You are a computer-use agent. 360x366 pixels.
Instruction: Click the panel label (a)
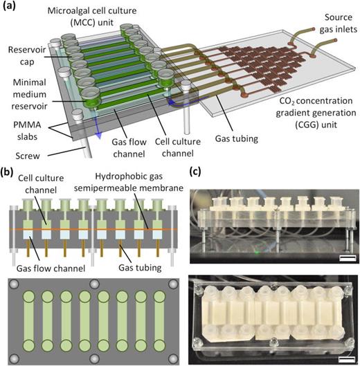pos(11,8)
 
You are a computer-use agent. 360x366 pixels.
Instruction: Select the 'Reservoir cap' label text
pos(25,55)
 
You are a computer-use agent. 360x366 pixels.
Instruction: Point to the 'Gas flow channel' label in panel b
pos(39,266)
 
